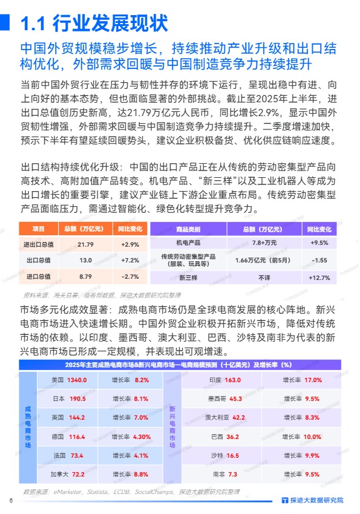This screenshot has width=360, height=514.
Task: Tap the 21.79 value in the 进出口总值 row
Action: (85, 244)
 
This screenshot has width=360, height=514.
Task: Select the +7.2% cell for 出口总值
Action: (130, 260)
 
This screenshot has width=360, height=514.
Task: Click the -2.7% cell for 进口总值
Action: (130, 276)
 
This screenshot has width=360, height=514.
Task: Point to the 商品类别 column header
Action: (188, 230)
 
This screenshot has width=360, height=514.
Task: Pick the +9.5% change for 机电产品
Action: (319, 243)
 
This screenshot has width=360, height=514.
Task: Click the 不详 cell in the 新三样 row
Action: (264, 278)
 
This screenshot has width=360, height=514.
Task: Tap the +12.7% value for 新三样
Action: (319, 278)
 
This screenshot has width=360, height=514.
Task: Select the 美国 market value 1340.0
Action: (77, 380)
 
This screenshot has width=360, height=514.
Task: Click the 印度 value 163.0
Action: (233, 380)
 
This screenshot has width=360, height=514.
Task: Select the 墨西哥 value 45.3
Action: (236, 399)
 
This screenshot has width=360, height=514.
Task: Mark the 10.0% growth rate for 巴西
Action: (312, 437)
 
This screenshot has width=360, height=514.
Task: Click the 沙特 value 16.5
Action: (233, 455)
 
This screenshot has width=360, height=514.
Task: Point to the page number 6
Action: (10, 500)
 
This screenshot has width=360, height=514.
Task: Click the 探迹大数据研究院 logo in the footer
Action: (312, 500)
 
